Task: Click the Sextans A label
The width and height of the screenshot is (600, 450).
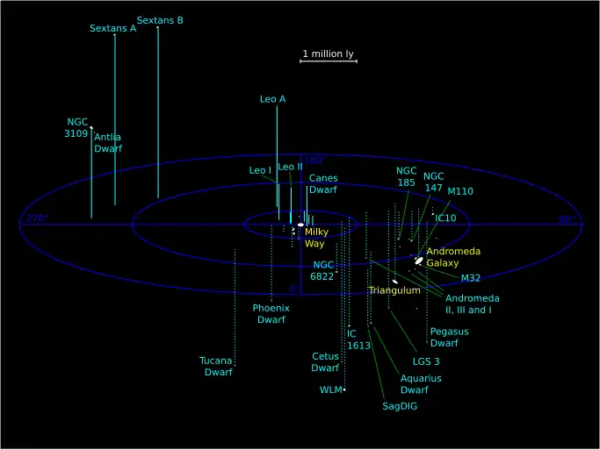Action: click(112, 29)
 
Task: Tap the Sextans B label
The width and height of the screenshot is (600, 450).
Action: click(160, 20)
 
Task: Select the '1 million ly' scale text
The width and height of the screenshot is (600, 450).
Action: click(328, 54)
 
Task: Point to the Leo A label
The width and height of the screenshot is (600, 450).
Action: click(272, 99)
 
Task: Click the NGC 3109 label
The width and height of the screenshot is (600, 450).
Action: click(76, 128)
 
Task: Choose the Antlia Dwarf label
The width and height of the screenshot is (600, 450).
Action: click(108, 143)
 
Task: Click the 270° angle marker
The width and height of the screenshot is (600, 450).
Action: click(36, 218)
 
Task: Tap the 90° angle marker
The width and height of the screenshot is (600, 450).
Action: click(565, 220)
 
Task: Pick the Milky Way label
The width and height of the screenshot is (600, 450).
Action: click(316, 238)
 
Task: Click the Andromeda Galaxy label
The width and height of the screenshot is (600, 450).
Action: click(453, 257)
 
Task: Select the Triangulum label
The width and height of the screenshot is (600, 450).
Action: click(394, 290)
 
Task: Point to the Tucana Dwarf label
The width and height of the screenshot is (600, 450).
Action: click(217, 367)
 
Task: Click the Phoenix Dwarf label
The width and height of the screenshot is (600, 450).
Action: click(271, 314)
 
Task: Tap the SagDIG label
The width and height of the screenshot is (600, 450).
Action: click(400, 406)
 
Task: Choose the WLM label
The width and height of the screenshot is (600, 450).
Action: click(330, 389)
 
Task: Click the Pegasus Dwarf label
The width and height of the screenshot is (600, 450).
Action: click(449, 338)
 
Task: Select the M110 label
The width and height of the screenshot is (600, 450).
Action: click(460, 191)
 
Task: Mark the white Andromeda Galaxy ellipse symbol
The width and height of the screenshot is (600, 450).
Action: click(419, 261)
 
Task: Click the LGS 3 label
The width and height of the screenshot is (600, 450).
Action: click(426, 361)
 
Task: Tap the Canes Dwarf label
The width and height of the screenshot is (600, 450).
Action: click(323, 184)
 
